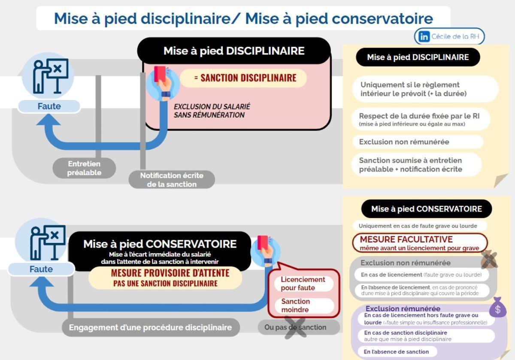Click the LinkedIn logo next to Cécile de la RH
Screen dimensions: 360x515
click(424, 37)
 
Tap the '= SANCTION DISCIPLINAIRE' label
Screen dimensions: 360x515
click(243, 78)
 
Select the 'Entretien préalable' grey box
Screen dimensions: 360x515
click(84, 168)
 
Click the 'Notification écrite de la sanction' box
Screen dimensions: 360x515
click(172, 180)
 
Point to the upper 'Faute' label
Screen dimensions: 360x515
click(49, 106)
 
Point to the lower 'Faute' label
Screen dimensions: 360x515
click(41, 269)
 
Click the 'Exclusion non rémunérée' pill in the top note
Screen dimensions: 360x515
click(404, 142)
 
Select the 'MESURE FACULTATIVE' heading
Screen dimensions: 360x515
click(406, 239)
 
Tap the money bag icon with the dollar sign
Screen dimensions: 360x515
click(497, 308)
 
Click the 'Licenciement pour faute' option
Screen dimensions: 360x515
click(303, 284)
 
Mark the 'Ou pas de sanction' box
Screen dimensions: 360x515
click(295, 327)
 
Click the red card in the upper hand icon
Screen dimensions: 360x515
click(160, 73)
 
